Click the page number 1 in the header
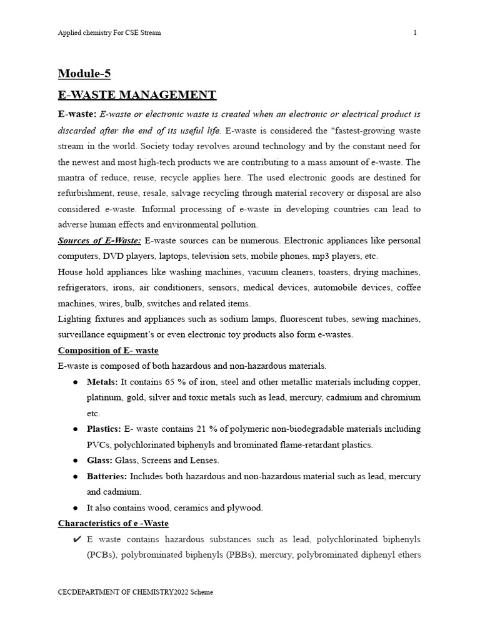(415, 32)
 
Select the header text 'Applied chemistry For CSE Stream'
(109, 32)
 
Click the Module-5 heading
(84, 74)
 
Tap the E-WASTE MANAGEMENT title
(137, 95)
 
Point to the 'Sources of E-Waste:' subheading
(99, 240)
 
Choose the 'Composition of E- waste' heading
(108, 350)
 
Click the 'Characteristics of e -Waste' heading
(113, 523)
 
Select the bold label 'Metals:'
(102, 382)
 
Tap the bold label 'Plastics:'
(104, 429)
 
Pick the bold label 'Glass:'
(100, 460)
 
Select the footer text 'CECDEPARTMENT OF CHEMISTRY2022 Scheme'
(136, 592)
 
